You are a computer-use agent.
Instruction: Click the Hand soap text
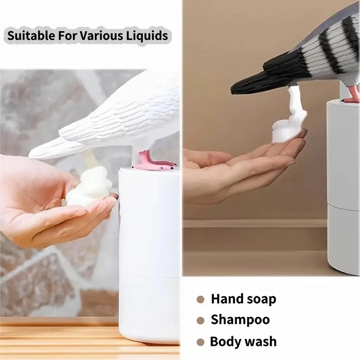(243, 299)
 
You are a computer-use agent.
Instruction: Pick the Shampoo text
(240, 320)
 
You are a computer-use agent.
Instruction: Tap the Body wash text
(243, 342)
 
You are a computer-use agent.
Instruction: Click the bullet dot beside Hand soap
(201, 299)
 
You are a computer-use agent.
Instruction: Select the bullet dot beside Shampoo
(201, 320)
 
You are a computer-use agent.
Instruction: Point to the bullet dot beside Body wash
(201, 342)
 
